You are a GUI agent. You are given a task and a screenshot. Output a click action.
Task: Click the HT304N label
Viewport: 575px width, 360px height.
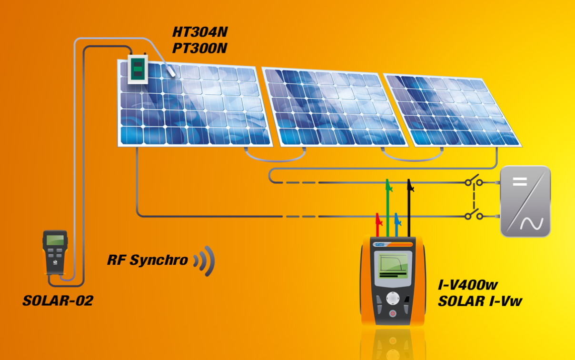[200, 32]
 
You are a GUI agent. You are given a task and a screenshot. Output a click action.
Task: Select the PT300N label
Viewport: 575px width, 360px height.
[200, 48]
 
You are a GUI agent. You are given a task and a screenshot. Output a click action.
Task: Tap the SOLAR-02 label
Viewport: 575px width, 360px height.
[58, 300]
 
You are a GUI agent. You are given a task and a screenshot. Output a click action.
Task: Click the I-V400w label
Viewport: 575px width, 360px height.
[468, 285]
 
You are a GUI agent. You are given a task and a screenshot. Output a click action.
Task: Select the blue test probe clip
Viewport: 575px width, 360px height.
[397, 220]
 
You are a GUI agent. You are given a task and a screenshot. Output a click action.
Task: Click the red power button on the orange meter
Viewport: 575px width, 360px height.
[392, 313]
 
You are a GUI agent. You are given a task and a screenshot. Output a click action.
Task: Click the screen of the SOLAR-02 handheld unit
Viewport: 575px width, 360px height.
[55, 240]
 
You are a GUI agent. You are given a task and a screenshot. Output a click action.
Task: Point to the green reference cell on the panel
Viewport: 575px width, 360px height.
[137, 70]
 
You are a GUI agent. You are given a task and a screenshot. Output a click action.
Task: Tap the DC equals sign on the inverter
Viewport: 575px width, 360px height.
[520, 181]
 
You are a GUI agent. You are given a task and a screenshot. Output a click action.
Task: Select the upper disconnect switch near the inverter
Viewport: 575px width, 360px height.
[474, 182]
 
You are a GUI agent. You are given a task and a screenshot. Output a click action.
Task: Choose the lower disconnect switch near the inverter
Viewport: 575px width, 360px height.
[474, 216]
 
